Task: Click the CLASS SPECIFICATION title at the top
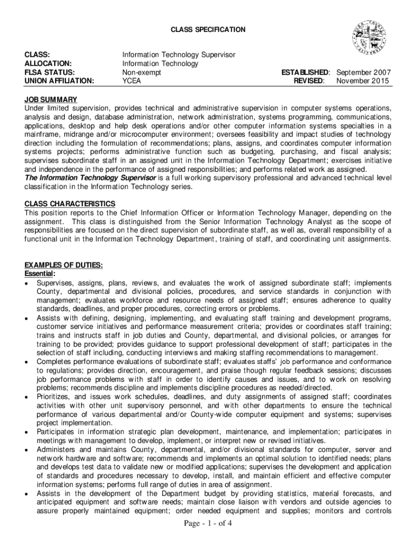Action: point(208,29)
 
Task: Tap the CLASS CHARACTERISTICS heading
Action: point(70,204)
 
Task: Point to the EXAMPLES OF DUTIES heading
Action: point(64,265)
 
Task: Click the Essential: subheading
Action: point(40,274)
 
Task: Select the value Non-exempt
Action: point(142,72)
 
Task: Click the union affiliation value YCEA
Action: point(132,81)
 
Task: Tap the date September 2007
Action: point(364,72)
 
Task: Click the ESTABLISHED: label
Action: point(305,72)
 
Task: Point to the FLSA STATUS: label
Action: point(50,72)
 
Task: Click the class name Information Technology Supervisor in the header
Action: point(179,55)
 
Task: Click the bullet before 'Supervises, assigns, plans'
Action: point(27,283)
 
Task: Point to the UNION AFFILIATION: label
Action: point(59,81)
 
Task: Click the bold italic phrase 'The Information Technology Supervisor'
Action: point(90,178)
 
